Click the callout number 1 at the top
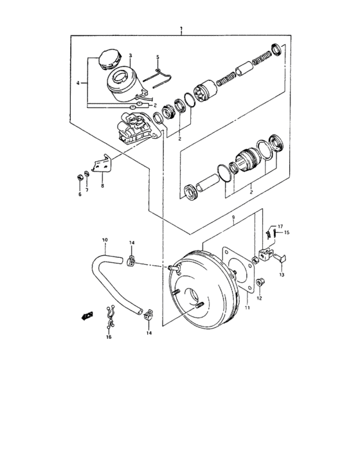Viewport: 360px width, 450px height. click(182, 30)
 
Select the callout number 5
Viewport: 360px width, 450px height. click(157, 57)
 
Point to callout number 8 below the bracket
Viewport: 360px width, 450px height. click(102, 186)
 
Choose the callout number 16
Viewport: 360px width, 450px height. click(109, 337)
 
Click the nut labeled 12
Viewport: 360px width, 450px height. click(260, 282)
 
